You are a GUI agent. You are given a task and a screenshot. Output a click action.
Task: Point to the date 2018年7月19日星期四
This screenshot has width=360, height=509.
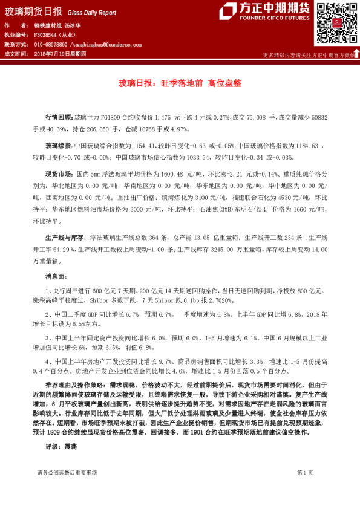coord(60,54)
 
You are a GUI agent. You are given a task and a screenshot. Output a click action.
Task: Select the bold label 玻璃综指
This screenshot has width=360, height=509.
coord(59,146)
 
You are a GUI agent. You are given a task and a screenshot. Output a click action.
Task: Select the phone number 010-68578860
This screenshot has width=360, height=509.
coord(50,45)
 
